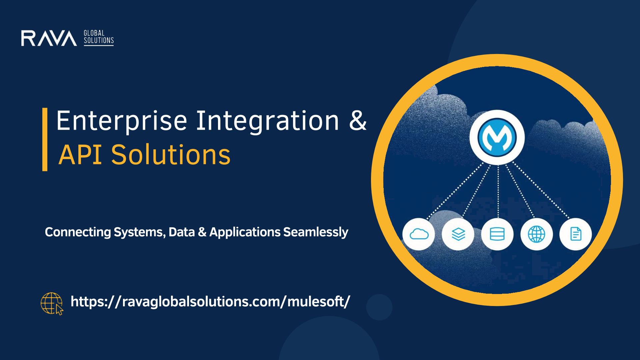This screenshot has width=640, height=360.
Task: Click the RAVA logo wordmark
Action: pyautogui.click(x=49, y=38)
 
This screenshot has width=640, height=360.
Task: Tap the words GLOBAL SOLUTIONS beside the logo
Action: pyautogui.click(x=99, y=37)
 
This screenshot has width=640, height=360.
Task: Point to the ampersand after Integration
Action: pyautogui.click(x=358, y=120)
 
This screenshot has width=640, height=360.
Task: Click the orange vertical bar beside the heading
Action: pyautogui.click(x=45, y=139)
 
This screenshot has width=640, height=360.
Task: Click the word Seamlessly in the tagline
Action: pyautogui.click(x=316, y=232)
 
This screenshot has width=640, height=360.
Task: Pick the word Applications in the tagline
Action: pyautogui.click(x=245, y=232)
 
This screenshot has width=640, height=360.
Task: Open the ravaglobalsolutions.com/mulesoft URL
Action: pyautogui.click(x=210, y=302)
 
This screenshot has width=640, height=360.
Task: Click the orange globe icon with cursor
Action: pyautogui.click(x=52, y=304)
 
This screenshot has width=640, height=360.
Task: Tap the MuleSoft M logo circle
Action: pyautogui.click(x=497, y=137)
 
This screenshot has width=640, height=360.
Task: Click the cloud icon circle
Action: pyautogui.click(x=419, y=234)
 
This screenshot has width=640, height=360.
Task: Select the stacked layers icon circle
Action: pyautogui.click(x=458, y=234)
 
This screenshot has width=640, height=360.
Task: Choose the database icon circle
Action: pyautogui.click(x=497, y=234)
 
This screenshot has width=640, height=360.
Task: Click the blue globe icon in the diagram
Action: pyautogui.click(x=537, y=234)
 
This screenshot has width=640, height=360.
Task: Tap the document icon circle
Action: pyautogui.click(x=576, y=234)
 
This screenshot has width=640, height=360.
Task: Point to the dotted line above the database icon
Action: pyautogui.click(x=498, y=192)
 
